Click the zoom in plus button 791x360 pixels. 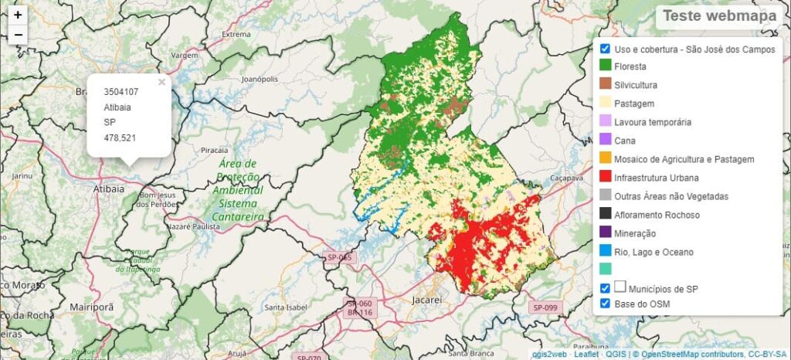(x=18, y=15)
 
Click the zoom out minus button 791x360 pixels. (x=18, y=35)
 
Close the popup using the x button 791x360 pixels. (x=161, y=82)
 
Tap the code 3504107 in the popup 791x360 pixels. (x=121, y=92)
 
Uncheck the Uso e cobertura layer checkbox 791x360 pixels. (x=606, y=49)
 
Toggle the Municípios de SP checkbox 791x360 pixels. (x=606, y=288)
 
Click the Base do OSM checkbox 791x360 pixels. (x=606, y=304)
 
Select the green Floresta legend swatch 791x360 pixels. (x=606, y=66)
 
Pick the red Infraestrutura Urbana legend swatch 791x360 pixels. (x=606, y=178)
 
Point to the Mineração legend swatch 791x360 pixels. (x=606, y=233)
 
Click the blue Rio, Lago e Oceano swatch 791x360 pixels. (x=606, y=251)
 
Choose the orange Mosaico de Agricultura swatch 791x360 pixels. (x=606, y=159)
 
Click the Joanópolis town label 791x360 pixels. (x=260, y=80)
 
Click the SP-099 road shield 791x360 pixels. (x=544, y=307)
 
